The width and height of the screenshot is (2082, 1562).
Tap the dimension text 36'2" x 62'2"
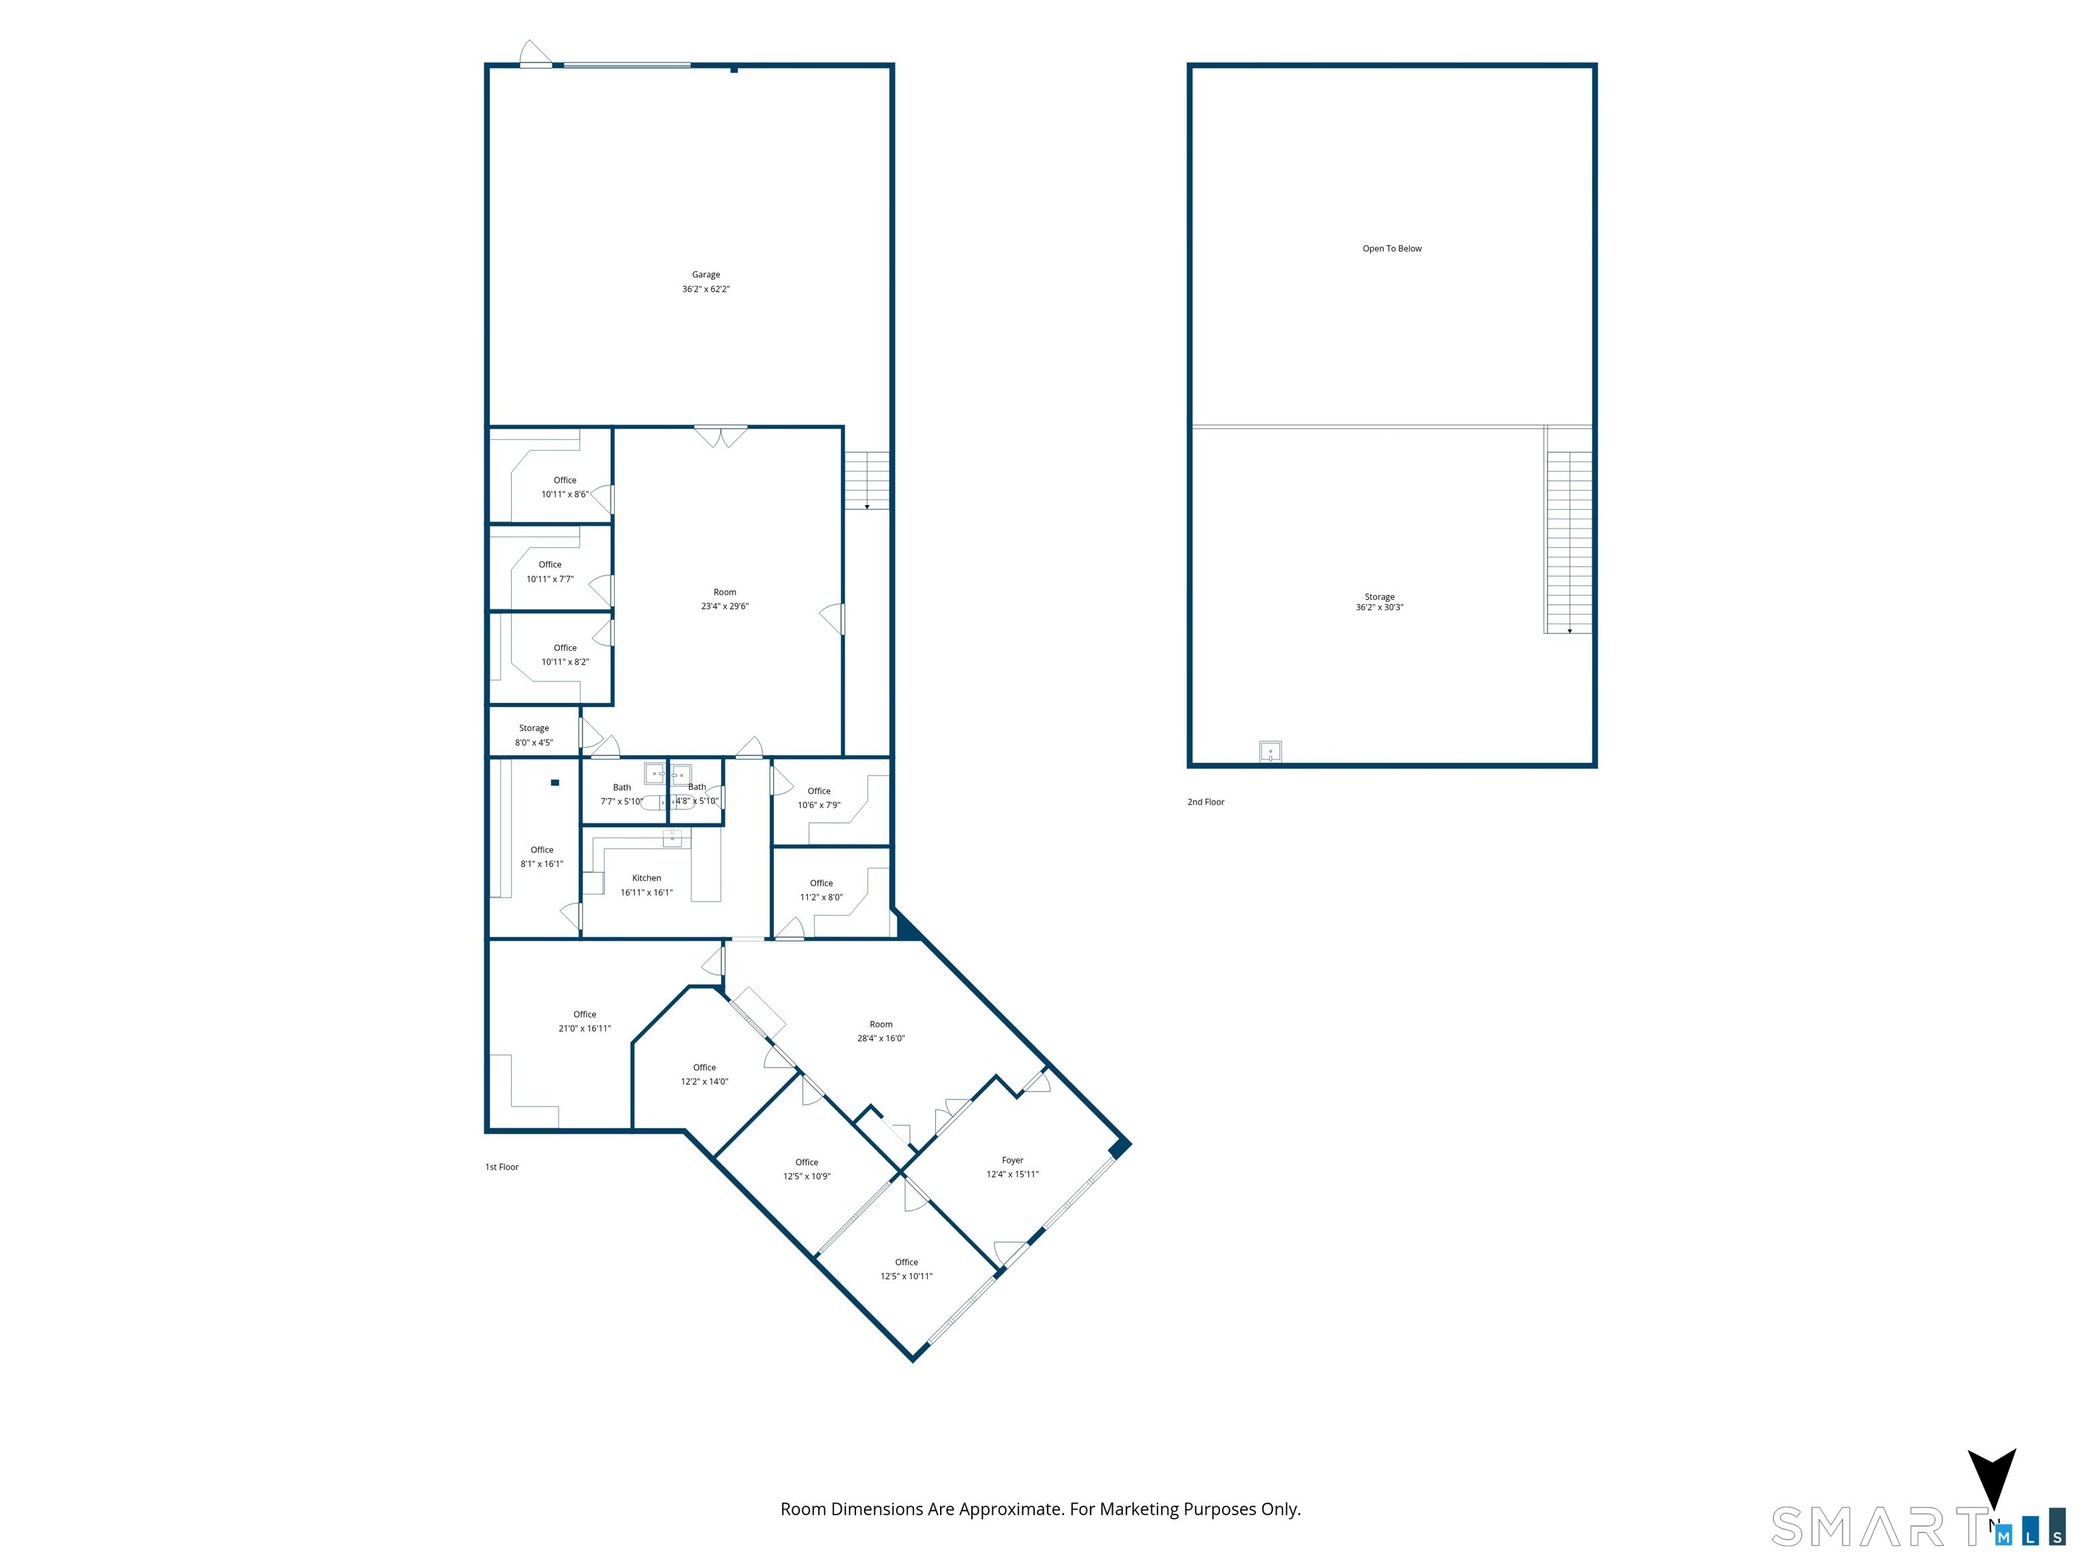(x=706, y=289)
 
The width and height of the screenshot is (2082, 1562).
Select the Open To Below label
(x=1392, y=249)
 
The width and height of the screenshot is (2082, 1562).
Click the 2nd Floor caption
(x=1206, y=802)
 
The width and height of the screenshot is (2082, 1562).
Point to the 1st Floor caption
(x=502, y=1167)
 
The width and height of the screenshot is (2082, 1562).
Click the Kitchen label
(x=647, y=877)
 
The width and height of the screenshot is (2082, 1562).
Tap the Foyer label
(x=1013, y=1160)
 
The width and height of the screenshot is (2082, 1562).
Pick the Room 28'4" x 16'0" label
(x=881, y=1031)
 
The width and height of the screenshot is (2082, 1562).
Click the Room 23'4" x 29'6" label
(x=724, y=599)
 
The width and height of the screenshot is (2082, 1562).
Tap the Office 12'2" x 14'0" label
(x=704, y=1075)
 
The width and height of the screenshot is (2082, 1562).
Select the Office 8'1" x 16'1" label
(x=542, y=857)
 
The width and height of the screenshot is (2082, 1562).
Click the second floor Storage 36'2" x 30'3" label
(x=1380, y=601)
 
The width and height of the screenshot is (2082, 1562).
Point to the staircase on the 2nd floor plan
(x=1569, y=542)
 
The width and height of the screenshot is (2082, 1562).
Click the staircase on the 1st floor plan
(x=867, y=480)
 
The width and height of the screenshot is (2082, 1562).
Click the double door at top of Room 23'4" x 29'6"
(x=721, y=437)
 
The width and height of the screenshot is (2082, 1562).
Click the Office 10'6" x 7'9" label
(x=819, y=797)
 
